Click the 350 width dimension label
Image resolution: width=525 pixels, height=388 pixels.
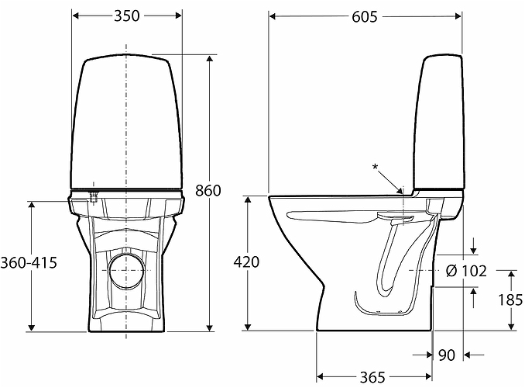(126, 16)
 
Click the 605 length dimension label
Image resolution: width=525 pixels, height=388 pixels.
(364, 17)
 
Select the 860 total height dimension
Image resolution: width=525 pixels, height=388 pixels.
(208, 191)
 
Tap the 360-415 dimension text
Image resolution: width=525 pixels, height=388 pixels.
(29, 262)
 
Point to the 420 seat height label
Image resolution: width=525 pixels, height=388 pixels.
(246, 262)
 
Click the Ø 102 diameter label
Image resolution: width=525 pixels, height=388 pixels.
(466, 271)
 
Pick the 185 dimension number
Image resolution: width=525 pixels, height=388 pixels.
(510, 300)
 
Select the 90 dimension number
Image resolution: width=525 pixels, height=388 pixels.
(447, 355)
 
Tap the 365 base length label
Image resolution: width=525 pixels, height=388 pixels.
(372, 378)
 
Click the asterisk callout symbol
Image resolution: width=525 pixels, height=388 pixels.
(376, 167)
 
